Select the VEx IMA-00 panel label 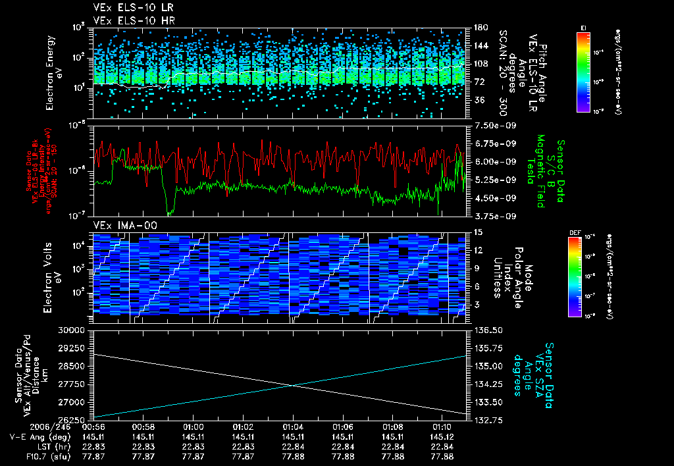(x=119, y=226)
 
